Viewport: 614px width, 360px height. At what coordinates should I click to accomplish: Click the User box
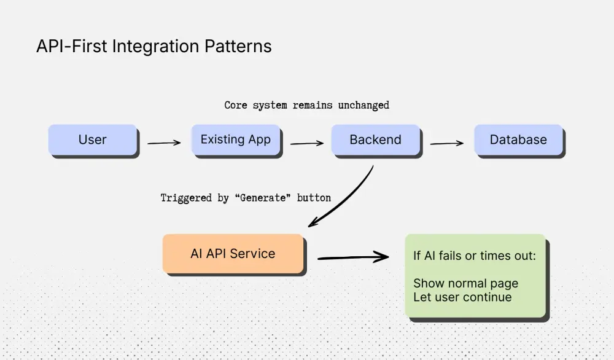click(92, 139)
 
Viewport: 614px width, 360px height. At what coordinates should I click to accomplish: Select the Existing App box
click(235, 139)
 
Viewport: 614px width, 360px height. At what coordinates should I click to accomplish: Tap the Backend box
click(375, 139)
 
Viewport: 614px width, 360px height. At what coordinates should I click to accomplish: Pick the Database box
click(518, 139)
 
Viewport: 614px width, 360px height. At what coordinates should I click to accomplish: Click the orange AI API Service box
click(233, 253)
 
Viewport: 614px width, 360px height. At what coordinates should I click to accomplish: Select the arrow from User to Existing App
click(163, 143)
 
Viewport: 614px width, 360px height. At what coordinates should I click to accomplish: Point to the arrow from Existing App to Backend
click(306, 144)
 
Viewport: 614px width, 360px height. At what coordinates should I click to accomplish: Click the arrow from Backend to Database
click(446, 144)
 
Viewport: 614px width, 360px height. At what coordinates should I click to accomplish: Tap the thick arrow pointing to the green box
click(353, 257)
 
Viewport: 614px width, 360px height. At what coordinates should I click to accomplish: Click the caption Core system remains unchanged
click(306, 105)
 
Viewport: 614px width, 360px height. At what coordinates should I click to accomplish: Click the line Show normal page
click(465, 283)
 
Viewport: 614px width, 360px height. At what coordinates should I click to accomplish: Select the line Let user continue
click(462, 297)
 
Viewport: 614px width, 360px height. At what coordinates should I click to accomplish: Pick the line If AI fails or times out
click(474, 255)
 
